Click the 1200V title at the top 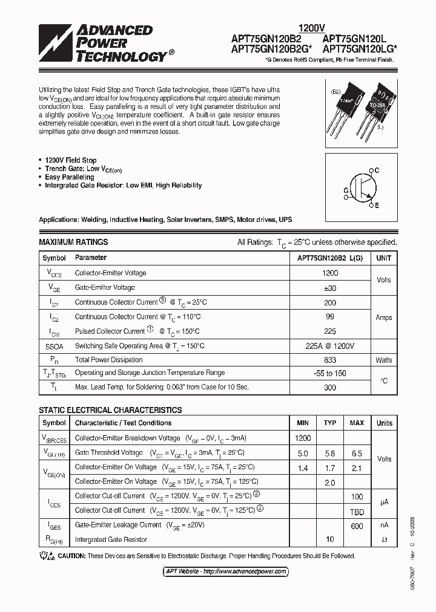coord(312,27)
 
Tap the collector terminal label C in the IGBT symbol coord(376,171)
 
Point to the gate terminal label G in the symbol coord(346,190)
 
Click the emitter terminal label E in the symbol coord(376,206)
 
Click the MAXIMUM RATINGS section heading coord(73,242)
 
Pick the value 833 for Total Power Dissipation coord(330,360)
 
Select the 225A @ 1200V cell coord(330,345)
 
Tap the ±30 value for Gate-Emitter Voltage coord(330,288)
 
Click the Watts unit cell coord(383,360)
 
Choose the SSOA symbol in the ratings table coord(54,345)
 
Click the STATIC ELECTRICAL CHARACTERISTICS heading coord(110,409)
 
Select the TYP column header coord(329,423)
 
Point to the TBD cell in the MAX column coord(357,510)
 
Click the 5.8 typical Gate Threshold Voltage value coord(329,452)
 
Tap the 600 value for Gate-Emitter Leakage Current coord(357,526)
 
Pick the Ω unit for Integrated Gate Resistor coord(384,539)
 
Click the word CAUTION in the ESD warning coord(72,556)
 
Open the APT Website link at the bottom coord(226,571)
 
